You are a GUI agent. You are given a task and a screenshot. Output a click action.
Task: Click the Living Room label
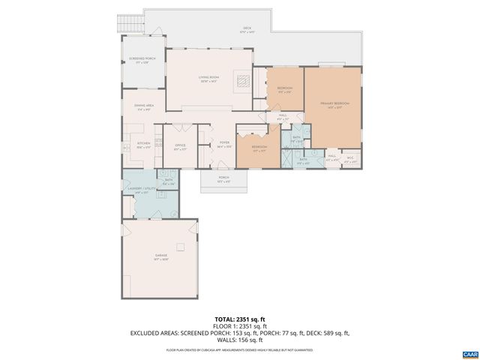(x=208, y=79)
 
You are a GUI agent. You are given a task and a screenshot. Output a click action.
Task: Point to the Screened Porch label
(x=142, y=61)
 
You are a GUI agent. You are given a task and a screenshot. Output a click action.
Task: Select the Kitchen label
(x=143, y=145)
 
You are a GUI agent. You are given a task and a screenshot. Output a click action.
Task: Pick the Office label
(x=180, y=147)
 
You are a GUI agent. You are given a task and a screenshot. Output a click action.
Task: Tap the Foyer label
(x=223, y=144)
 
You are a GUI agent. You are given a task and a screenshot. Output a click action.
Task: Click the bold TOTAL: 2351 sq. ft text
(x=239, y=319)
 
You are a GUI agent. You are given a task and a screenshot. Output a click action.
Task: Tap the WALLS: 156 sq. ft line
(x=239, y=339)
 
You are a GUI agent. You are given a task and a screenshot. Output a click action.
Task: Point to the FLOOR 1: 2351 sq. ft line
(x=239, y=325)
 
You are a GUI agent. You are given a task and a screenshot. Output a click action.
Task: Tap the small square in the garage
(x=179, y=246)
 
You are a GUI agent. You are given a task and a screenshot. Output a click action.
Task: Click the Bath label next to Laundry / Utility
(x=169, y=181)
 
